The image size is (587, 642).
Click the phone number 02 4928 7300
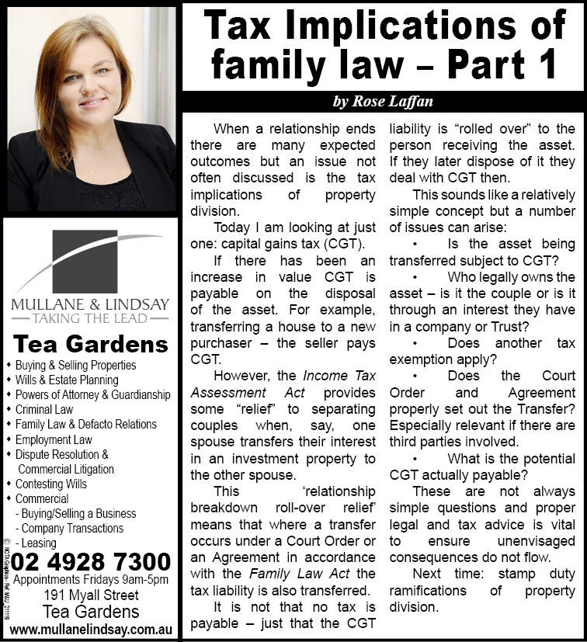92,561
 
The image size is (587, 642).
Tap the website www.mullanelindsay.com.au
91,628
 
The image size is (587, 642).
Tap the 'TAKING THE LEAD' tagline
91,318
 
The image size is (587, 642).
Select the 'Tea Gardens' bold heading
91,344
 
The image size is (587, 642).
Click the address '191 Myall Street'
91,595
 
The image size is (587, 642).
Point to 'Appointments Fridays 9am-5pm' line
91,580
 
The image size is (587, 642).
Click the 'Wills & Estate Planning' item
67,380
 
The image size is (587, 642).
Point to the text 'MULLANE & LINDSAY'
91,303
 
